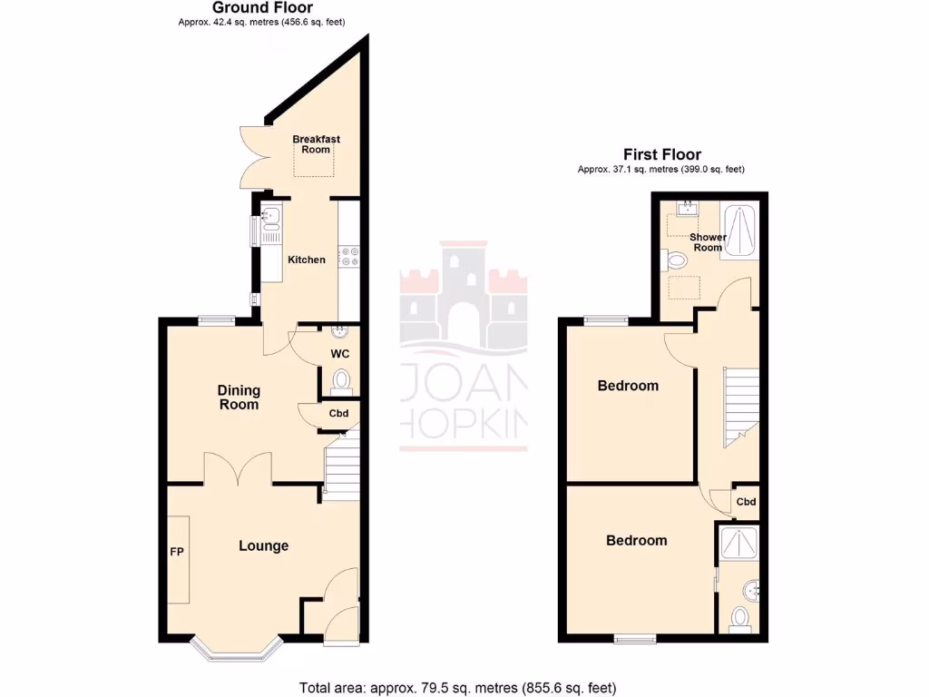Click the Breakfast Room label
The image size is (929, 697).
(316, 144)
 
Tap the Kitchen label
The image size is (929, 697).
(307, 260)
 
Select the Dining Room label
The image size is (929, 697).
(239, 398)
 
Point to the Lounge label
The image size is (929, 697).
(263, 545)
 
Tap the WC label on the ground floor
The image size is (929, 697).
(341, 352)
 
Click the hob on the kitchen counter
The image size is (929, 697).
(349, 258)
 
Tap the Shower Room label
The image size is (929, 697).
(708, 242)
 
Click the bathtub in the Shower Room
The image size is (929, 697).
(739, 231)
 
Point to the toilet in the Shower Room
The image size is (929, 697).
(676, 261)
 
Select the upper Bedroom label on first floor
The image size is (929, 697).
(628, 386)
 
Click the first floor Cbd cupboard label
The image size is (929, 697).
(746, 502)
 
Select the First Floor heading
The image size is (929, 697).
(661, 155)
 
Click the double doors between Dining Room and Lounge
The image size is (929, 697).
(239, 469)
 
